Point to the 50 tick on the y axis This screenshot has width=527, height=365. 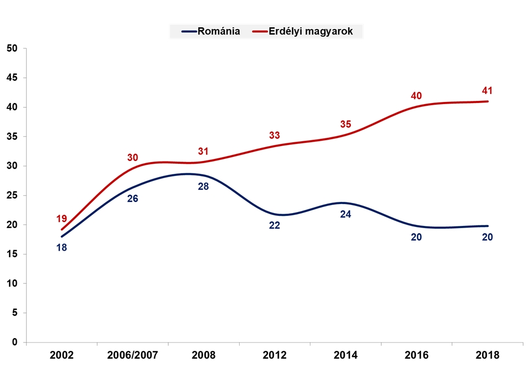12,48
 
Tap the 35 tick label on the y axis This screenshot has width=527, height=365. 12,136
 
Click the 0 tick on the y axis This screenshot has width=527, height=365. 14,342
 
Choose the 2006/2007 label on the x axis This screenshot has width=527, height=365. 132,355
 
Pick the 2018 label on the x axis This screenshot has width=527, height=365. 487,355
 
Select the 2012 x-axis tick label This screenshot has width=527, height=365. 274,355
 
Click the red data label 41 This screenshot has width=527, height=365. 487,90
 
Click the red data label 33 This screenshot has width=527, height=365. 274,135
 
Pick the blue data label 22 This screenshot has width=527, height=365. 274,225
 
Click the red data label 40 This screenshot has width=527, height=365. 416,96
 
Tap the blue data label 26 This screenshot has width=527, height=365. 132,199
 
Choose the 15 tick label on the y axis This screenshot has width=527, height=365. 12,254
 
